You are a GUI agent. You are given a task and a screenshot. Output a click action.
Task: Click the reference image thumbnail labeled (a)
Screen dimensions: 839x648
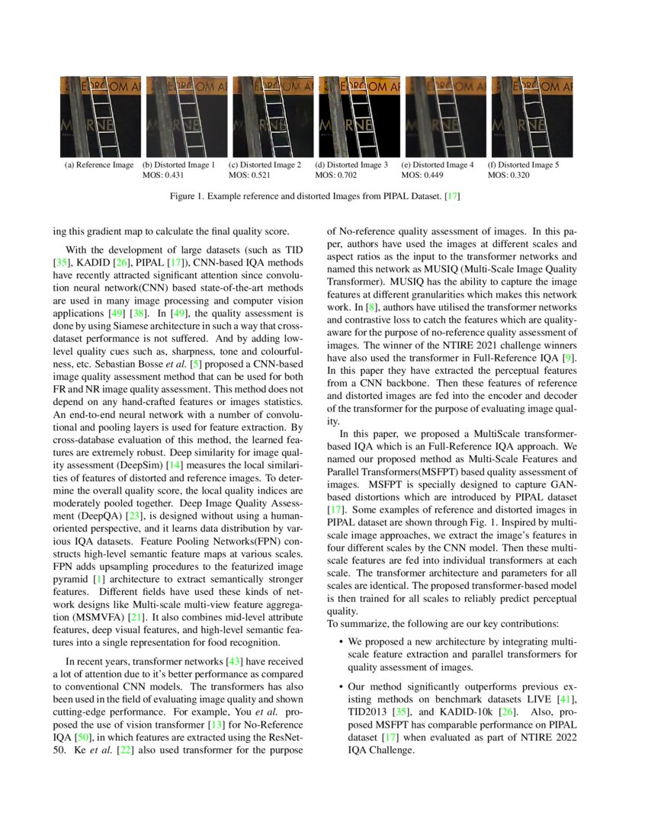pos(100,117)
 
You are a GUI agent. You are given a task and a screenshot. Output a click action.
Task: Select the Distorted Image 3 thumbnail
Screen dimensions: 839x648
pos(358,117)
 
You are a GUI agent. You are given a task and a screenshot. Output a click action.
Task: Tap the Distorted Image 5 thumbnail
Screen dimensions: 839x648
pos(531,117)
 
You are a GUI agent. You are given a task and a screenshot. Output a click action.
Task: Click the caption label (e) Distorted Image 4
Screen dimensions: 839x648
pos(438,165)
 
